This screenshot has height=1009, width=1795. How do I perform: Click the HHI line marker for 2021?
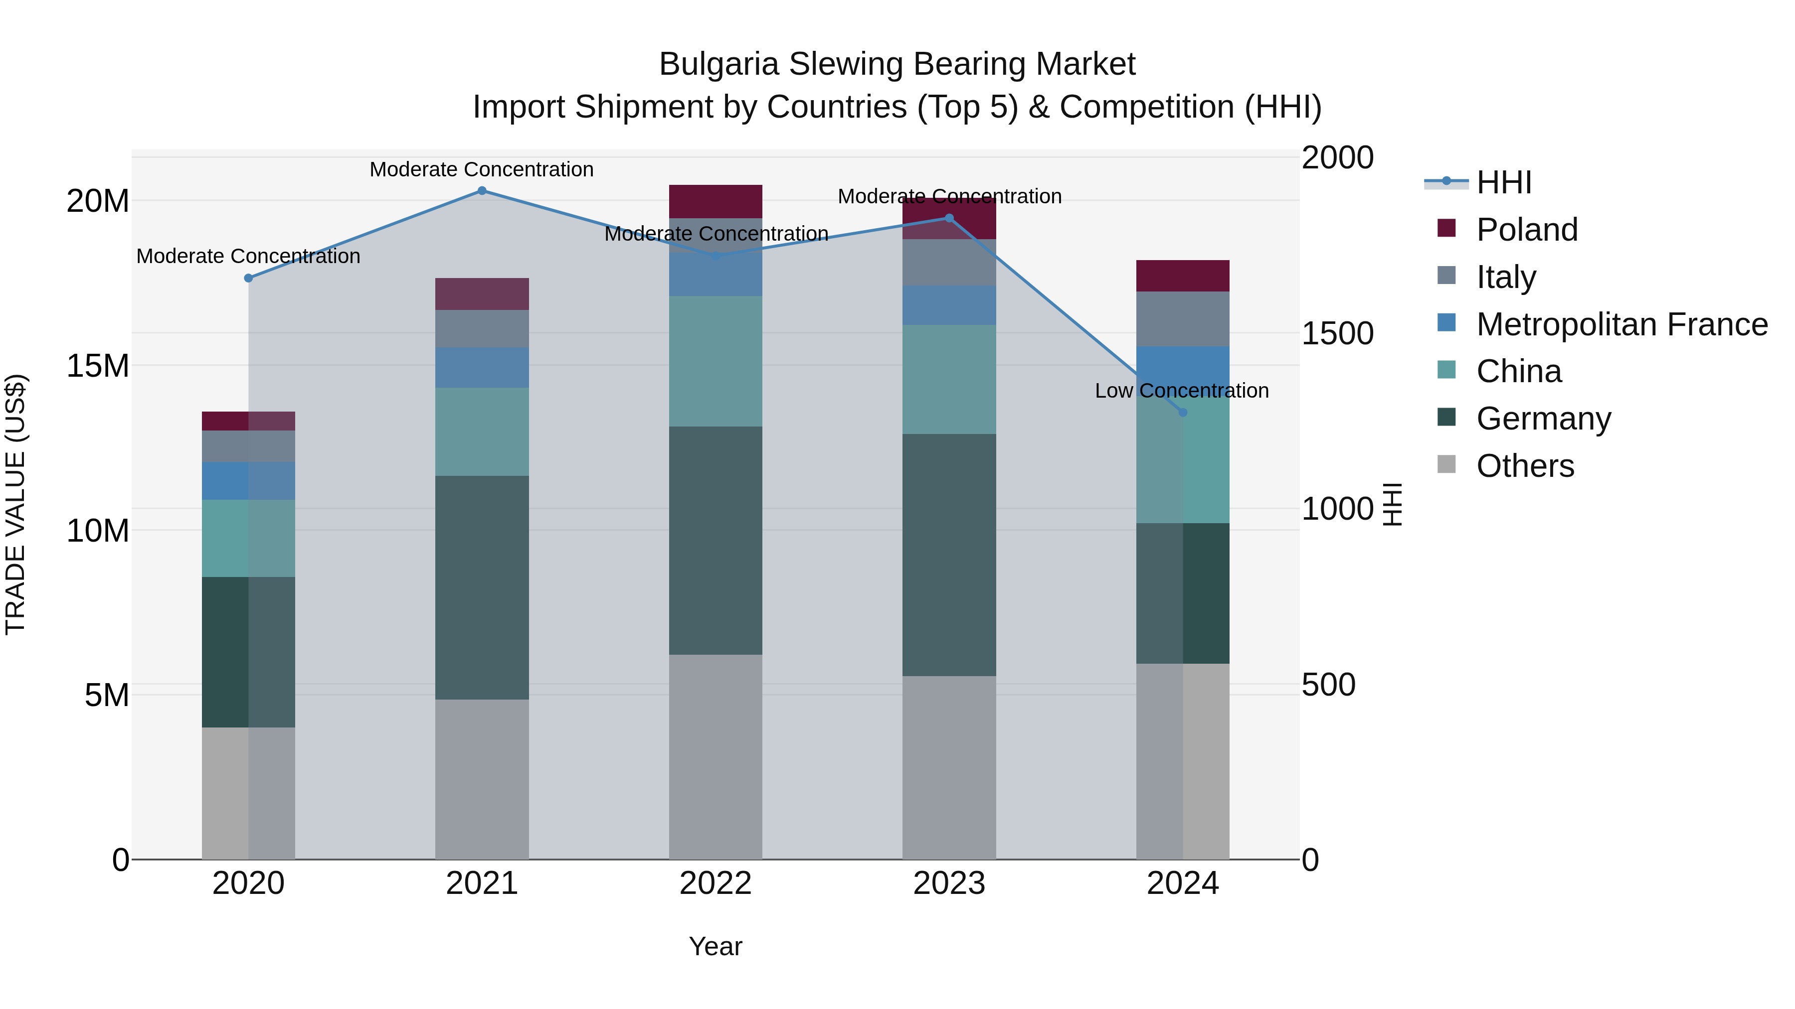[482, 191]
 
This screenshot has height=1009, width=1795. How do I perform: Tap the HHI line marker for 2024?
[1183, 412]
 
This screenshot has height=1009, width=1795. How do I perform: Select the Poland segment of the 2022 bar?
[716, 201]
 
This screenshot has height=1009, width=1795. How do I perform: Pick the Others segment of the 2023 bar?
[949, 767]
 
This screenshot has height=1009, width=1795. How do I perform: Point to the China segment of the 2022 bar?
[716, 361]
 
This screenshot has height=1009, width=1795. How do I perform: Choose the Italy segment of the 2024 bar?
[1183, 318]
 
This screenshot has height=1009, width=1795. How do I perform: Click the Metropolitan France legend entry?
[1621, 324]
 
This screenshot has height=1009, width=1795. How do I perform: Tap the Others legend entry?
[1525, 466]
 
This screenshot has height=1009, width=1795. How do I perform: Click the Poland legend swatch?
[1446, 228]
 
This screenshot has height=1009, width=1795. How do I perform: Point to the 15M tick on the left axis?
[98, 366]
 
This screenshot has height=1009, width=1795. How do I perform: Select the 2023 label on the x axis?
[949, 883]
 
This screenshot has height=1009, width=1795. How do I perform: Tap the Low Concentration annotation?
[1182, 391]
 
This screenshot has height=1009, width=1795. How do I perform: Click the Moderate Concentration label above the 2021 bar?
[482, 169]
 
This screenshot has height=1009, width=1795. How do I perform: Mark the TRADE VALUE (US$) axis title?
[15, 504]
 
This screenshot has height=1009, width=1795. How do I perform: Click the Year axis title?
[716, 946]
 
